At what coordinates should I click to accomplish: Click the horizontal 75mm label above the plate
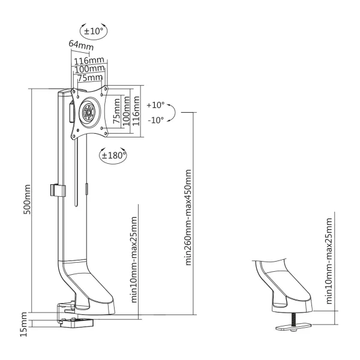click(x=89, y=77)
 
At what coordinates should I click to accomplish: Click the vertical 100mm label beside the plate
click(x=126, y=109)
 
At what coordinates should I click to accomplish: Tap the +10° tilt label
click(x=155, y=104)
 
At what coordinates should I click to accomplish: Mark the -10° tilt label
click(x=155, y=119)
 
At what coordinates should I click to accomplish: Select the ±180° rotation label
click(x=113, y=155)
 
